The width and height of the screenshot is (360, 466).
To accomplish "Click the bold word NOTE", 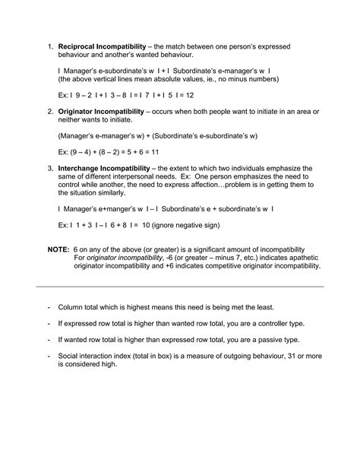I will click(58, 249).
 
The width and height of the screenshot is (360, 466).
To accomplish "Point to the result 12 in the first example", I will click(189, 95).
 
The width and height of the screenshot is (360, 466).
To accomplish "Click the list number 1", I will click(50, 47).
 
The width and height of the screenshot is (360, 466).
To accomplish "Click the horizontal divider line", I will click(180, 286).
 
